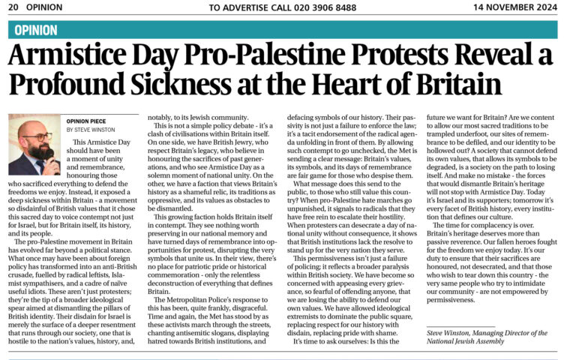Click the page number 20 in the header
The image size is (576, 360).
[x=13, y=7]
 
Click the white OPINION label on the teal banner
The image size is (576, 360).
[x=35, y=30]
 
